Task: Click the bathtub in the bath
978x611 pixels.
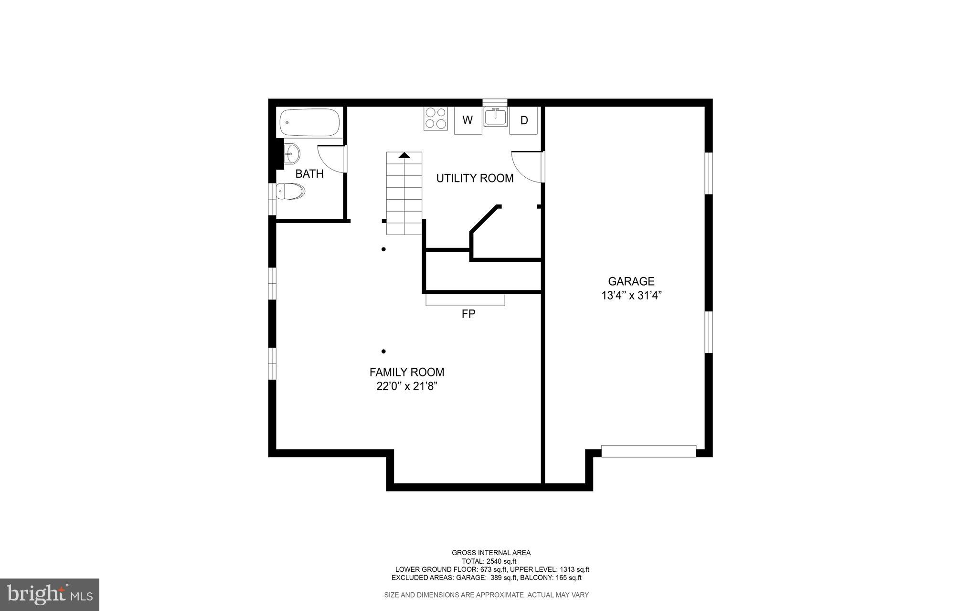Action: pos(309,122)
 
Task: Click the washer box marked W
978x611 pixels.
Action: pos(468,120)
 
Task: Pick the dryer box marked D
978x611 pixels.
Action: pos(524,120)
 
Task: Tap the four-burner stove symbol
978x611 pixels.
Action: pos(436,118)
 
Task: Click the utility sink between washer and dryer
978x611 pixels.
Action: pos(496,117)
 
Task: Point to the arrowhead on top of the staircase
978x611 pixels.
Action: pos(404,155)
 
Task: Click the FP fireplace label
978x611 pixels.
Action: pos(468,314)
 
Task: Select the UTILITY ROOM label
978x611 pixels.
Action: pos(475,178)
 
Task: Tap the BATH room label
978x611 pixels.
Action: pos(309,174)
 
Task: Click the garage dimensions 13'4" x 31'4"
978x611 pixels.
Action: pos(631,296)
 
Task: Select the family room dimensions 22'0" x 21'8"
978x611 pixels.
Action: pos(407,386)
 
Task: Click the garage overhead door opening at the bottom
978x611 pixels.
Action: pos(648,451)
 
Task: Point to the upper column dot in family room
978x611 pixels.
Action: pos(383,249)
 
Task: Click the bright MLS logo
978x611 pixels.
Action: pos(50,594)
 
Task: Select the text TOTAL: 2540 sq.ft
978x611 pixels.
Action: pos(489,561)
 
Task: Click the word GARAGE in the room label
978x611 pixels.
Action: pos(631,281)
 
